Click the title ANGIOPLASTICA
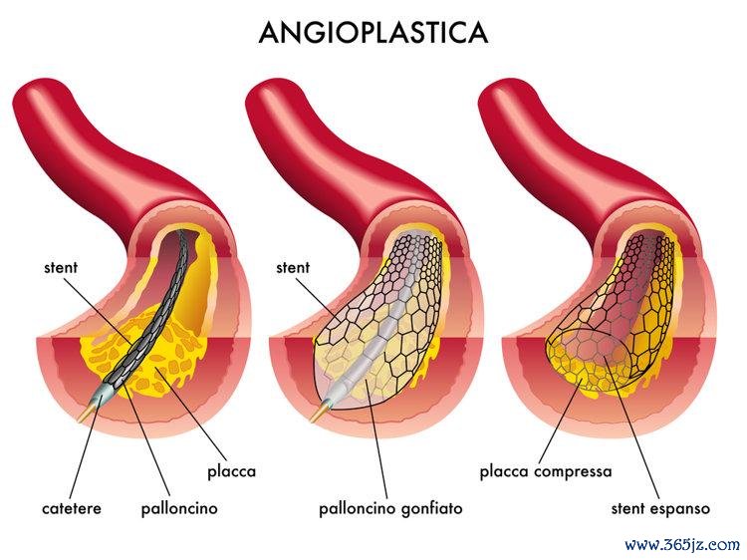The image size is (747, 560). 373,33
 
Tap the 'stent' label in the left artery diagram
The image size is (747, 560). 61,267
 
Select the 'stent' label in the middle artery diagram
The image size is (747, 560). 293,267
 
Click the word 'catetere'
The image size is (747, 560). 72,508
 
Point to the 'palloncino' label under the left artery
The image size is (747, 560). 179,508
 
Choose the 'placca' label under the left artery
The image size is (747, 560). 231,472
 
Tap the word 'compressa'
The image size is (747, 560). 573,472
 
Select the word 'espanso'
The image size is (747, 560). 679,509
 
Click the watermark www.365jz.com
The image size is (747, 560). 682,544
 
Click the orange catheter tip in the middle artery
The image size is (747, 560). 318,413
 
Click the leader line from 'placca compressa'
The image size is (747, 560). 560,420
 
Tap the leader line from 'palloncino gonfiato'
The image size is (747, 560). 376,438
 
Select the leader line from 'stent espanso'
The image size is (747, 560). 631,427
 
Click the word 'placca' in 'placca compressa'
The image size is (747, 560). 505,472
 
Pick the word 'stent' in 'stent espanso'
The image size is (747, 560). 627,508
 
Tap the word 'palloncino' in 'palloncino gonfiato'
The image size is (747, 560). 358,508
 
